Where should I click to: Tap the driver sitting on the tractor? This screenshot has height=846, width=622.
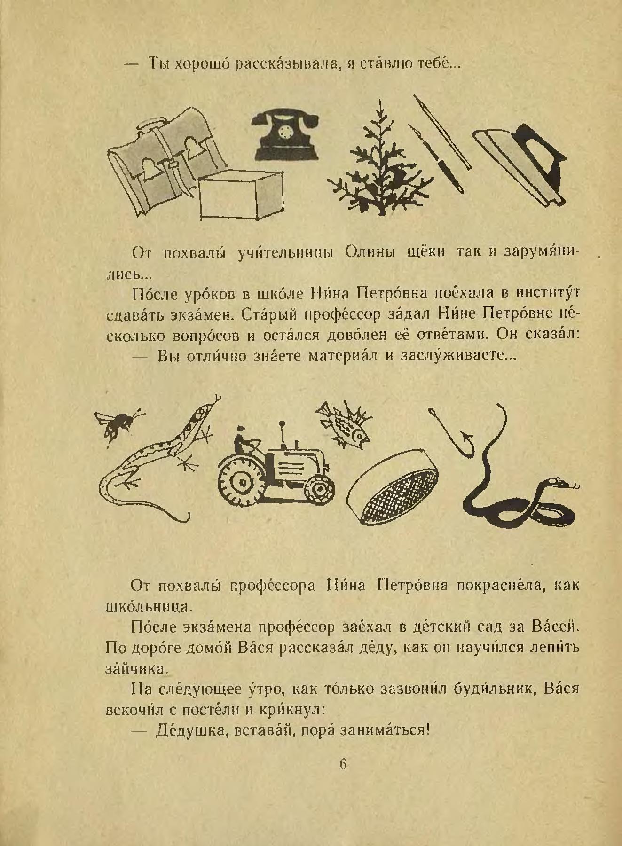244,439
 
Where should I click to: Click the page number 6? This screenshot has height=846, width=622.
343,764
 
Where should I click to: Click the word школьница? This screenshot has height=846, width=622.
147,606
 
